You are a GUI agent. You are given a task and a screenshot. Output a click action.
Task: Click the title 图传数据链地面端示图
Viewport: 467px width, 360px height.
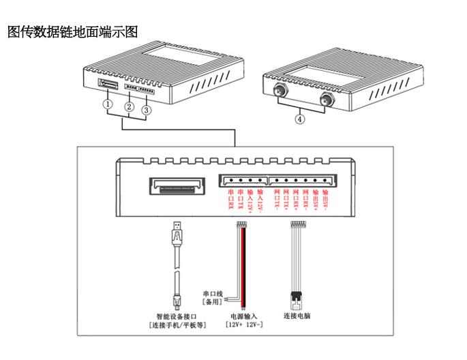[x=73, y=31]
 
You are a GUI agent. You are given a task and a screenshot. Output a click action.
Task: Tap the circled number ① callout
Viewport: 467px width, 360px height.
[x=107, y=105]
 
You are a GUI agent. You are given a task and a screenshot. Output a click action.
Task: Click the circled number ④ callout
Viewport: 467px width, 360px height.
[x=299, y=119]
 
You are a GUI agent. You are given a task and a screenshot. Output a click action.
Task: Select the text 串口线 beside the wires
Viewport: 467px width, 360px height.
[x=209, y=290]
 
